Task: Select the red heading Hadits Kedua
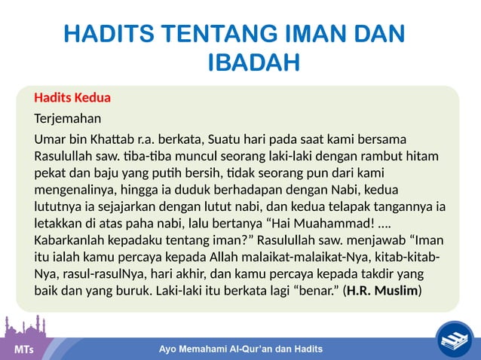click(72, 98)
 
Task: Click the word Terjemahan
click(67, 119)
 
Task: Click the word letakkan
click(58, 224)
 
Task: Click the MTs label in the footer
click(23, 350)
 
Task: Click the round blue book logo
click(455, 337)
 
